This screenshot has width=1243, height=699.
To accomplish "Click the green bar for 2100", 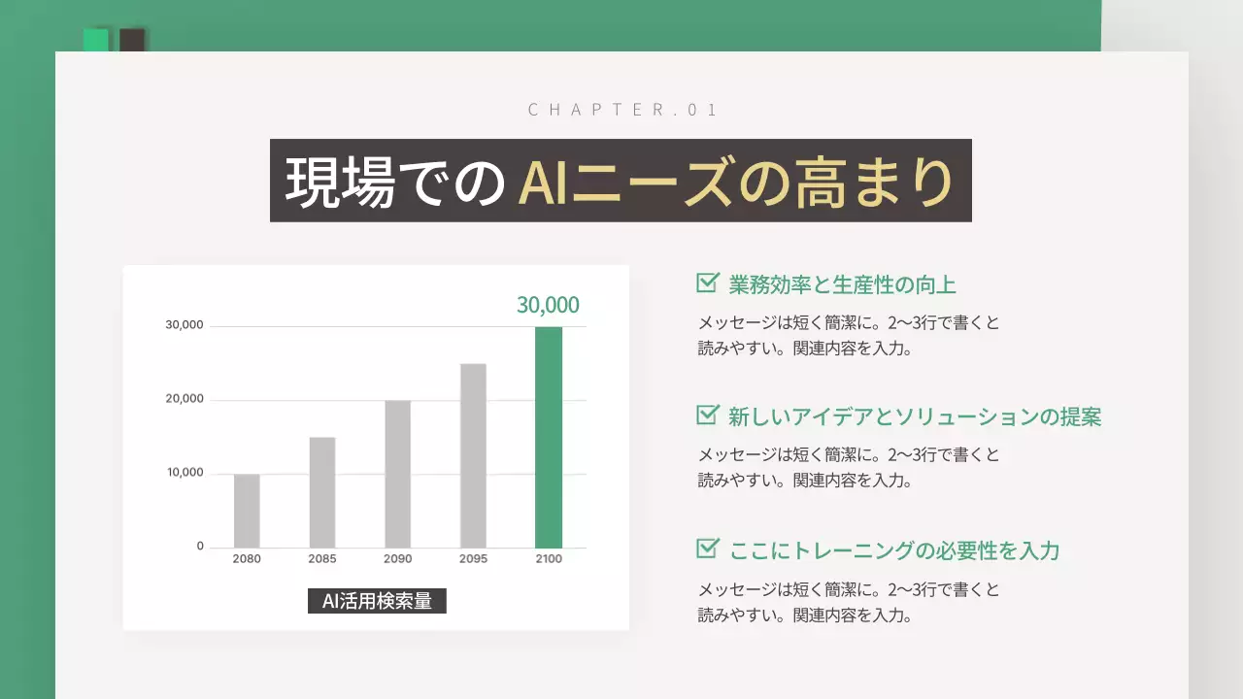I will (549, 437).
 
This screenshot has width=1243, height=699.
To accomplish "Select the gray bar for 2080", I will (247, 511).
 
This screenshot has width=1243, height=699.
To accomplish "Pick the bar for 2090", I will (397, 474).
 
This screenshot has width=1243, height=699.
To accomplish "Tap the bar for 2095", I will (473, 455).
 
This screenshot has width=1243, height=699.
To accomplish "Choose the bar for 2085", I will (322, 492).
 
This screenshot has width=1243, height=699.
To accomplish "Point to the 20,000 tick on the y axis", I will (185, 399).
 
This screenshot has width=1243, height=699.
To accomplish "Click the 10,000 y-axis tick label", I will (185, 473).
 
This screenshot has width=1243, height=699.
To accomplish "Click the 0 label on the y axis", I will (200, 547).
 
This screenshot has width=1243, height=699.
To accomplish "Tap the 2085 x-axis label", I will (322, 559).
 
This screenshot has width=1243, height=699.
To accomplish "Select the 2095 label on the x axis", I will (473, 559).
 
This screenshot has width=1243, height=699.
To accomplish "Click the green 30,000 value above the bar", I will (548, 306).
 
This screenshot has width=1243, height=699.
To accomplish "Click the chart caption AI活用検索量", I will (377, 601).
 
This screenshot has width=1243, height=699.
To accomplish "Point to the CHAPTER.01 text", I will (621, 110).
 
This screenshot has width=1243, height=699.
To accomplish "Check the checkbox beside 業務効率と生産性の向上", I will (707, 283).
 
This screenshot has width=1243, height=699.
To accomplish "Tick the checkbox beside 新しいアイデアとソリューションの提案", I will (707, 416).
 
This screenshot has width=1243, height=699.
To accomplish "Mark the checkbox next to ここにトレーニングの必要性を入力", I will (707, 549).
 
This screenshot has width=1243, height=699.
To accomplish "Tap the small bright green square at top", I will (95, 40).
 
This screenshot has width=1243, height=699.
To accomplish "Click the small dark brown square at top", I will (132, 40).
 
